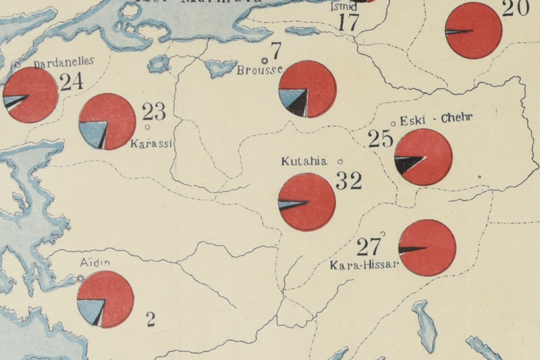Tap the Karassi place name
(152, 143)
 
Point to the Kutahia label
(304, 162)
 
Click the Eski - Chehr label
(427, 120)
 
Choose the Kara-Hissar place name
(364, 264)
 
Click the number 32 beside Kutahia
(348, 180)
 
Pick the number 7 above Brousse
(275, 50)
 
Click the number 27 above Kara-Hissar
(369, 245)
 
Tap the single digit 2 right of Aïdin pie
(151, 319)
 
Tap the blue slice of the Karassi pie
(92, 132)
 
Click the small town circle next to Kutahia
(340, 161)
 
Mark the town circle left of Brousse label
(265, 61)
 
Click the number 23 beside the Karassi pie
(153, 111)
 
